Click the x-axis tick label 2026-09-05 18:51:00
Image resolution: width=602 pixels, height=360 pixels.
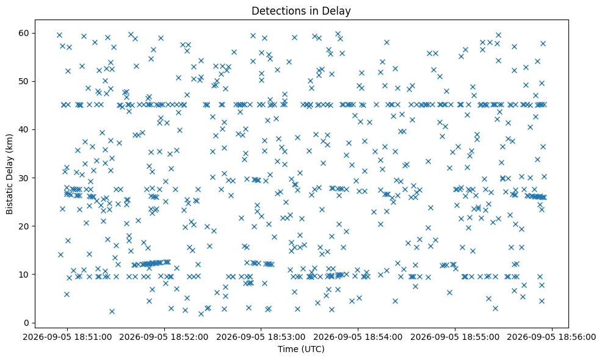coord(67,337)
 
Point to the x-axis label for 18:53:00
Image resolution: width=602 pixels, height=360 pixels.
coord(283,337)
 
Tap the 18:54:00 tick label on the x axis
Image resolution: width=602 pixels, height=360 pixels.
coord(380,337)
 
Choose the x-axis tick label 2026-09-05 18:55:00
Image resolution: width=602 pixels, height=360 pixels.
coord(455,337)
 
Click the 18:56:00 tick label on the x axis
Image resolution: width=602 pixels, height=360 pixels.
coord(574,337)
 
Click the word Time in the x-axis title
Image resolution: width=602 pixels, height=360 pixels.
coord(286,349)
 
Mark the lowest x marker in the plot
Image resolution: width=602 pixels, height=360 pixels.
coord(201,314)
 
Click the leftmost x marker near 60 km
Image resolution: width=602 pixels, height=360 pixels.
coord(59,35)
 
